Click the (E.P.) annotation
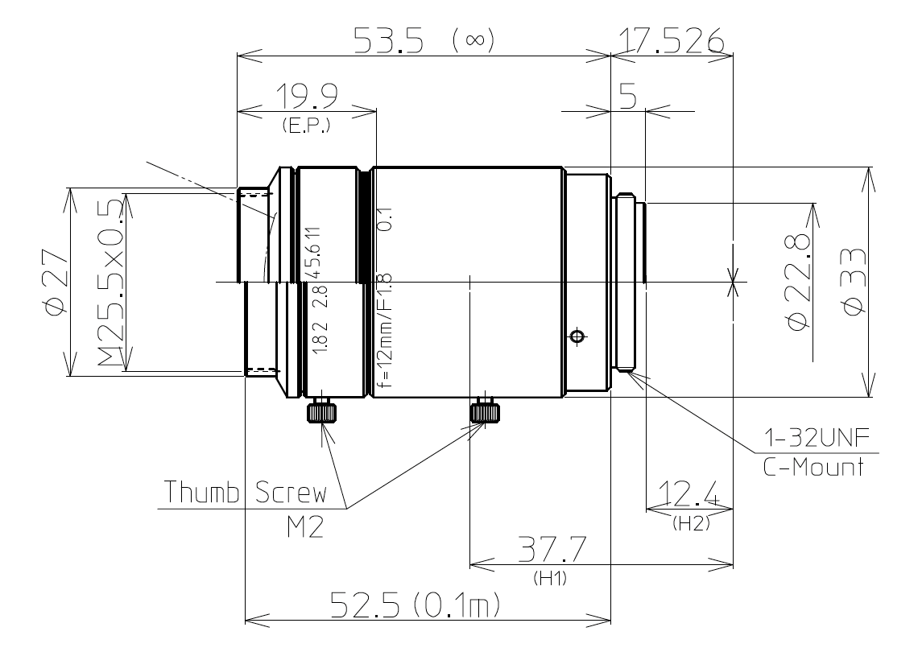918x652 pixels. (x=306, y=126)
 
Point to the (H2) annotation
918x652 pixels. (x=689, y=523)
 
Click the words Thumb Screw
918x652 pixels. (x=246, y=493)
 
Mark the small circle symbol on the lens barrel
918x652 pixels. (x=574, y=336)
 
